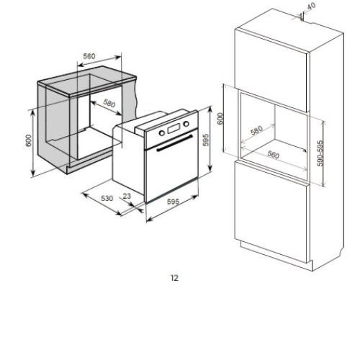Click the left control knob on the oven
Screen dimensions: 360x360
point(162,132)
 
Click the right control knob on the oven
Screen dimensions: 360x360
point(186,124)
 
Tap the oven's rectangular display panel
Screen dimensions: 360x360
point(174,128)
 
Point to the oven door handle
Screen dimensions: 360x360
point(174,143)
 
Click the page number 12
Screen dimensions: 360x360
point(175,278)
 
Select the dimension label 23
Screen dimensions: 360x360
point(127,196)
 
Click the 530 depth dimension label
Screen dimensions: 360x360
point(107,198)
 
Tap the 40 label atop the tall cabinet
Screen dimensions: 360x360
point(311,6)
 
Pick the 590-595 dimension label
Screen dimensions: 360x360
point(320,153)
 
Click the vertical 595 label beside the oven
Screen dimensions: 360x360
point(206,140)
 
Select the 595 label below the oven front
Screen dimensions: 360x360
point(173,202)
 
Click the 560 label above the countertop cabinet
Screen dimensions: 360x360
point(89,56)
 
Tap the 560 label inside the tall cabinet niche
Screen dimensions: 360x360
point(274,155)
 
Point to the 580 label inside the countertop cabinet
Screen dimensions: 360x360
point(109,103)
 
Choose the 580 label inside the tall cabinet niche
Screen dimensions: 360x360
point(256,131)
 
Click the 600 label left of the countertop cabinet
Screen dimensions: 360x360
point(28,140)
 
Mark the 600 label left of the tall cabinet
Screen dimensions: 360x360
point(220,119)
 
